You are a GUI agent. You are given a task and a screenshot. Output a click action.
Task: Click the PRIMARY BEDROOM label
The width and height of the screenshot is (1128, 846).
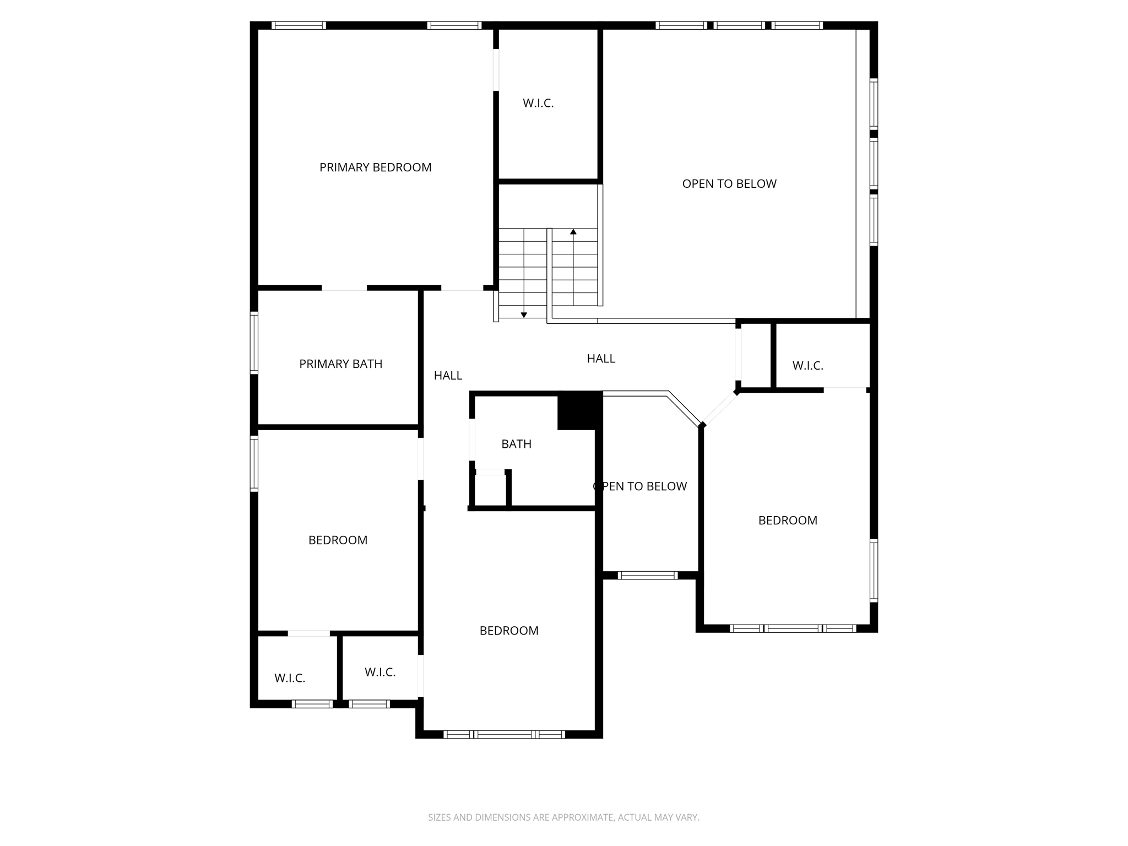tap(375, 167)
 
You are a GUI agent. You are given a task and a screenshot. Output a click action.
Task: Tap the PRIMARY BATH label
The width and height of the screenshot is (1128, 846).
tap(340, 364)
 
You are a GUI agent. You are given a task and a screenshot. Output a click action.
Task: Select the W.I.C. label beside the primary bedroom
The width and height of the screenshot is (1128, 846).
tap(538, 104)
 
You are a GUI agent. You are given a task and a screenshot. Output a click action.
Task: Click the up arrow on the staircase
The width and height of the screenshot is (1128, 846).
tap(573, 232)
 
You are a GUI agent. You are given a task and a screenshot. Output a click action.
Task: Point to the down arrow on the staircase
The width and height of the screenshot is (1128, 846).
tap(524, 314)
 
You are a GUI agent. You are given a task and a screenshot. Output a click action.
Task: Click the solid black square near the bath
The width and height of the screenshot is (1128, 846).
tap(578, 411)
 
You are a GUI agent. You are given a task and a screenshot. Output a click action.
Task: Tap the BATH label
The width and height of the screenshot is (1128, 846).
tap(516, 444)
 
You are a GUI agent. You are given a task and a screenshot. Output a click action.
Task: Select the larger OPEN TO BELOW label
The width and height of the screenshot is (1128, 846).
tap(729, 184)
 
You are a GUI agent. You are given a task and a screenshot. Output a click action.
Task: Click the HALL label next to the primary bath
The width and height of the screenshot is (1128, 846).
tap(448, 376)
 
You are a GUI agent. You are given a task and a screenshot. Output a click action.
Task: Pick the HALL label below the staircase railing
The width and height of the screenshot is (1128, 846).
tap(601, 359)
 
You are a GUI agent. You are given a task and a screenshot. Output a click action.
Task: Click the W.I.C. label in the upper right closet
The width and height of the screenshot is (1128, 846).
tap(807, 366)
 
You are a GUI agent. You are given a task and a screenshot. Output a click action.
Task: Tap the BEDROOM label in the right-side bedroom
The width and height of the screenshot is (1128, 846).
tap(788, 520)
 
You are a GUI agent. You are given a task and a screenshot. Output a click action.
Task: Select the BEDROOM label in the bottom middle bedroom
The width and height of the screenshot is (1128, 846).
tap(509, 631)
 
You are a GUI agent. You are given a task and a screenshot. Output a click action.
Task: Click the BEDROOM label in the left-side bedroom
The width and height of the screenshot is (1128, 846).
tap(338, 540)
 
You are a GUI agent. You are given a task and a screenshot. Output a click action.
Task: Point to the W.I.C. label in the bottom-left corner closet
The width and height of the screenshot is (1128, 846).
tap(290, 678)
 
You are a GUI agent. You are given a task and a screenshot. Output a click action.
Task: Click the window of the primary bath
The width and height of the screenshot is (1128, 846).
tap(254, 343)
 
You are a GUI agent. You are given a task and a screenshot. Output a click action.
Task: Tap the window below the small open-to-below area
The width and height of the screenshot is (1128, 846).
tap(647, 576)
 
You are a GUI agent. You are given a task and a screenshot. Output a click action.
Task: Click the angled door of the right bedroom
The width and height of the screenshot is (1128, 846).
tap(719, 409)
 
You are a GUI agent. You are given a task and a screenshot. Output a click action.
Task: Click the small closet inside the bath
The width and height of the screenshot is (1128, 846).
tap(489, 490)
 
